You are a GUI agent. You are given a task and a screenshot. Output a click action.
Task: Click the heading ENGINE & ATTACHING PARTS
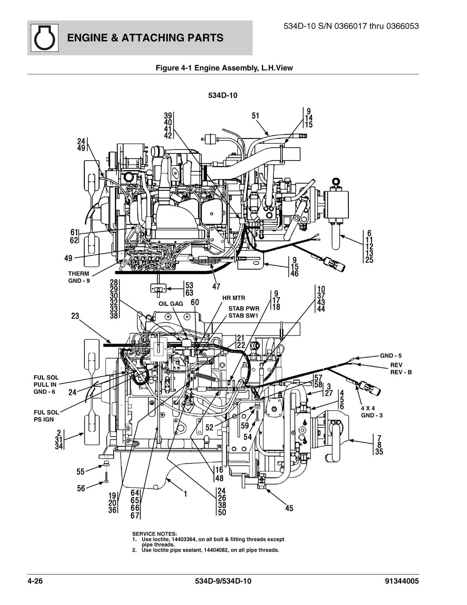point(145,38)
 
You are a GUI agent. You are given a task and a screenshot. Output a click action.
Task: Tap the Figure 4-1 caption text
point(224,68)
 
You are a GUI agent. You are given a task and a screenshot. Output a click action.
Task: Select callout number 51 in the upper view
point(255,116)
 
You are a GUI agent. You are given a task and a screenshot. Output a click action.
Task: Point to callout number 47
point(216,287)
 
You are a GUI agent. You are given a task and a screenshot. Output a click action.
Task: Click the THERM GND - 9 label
point(79,277)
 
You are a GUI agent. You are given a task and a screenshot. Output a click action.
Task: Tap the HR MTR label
point(233,298)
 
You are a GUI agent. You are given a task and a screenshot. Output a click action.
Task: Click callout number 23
point(75,316)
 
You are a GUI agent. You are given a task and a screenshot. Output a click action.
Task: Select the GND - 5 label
point(391,355)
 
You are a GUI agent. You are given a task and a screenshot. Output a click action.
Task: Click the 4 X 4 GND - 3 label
point(371,412)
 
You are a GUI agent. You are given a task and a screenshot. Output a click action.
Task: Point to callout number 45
point(289,508)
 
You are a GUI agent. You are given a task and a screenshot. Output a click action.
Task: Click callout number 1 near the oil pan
point(186,494)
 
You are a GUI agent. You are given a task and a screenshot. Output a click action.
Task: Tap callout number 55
point(81,472)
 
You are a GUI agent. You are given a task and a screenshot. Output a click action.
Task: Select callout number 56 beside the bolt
point(81,488)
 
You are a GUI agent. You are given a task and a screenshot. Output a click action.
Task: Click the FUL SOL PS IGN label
point(46,416)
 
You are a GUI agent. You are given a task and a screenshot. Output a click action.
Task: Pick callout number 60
point(195,302)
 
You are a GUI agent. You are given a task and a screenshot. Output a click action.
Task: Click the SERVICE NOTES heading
point(154,534)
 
